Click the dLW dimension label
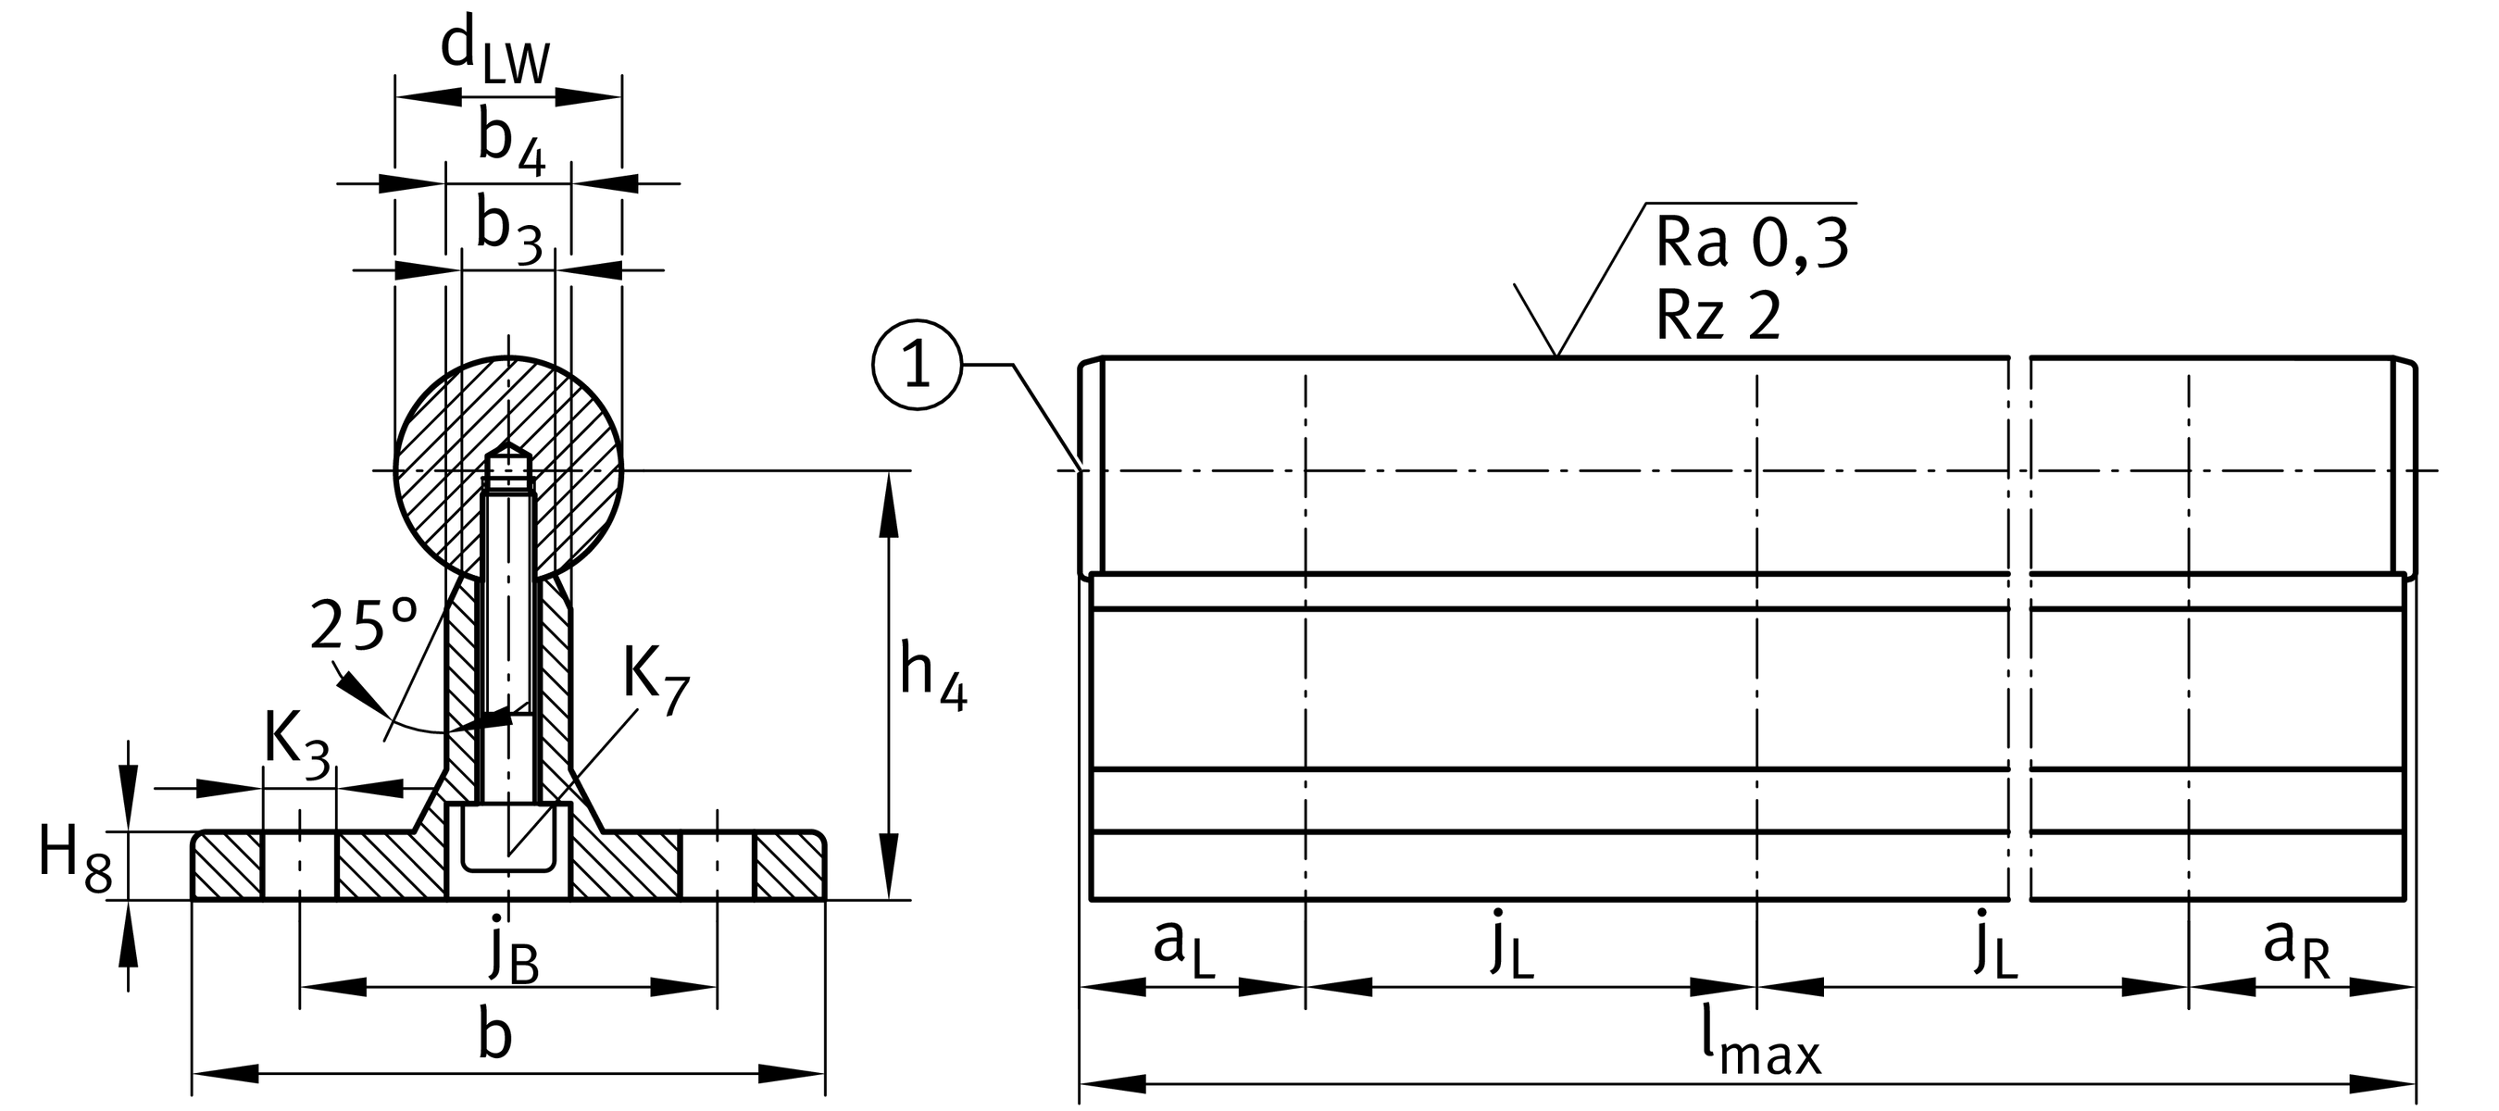click(494, 55)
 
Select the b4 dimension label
click(511, 142)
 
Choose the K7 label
click(655, 680)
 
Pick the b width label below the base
click(494, 1035)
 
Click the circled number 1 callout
click(916, 367)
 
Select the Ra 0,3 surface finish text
click(1750, 243)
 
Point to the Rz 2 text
click(1718, 316)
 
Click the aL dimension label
click(1182, 946)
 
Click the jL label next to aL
click(1512, 944)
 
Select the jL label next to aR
click(1995, 944)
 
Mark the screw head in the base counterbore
click(508, 835)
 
